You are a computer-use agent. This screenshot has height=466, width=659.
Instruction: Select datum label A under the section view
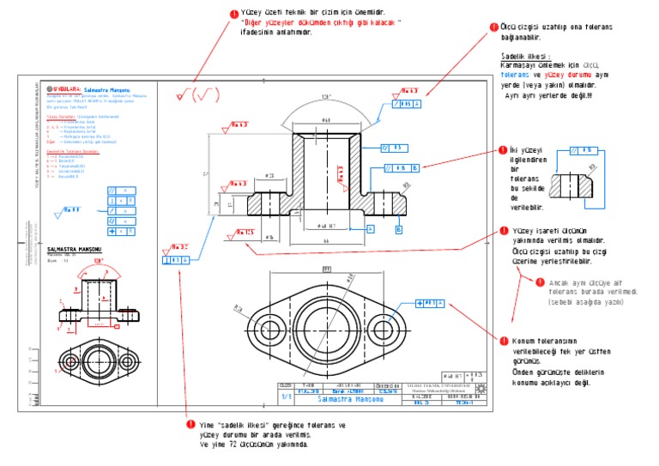(370, 228)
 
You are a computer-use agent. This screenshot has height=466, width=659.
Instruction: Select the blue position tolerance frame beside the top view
(429, 303)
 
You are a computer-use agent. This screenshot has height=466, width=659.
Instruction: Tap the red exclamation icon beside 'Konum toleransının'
(504, 340)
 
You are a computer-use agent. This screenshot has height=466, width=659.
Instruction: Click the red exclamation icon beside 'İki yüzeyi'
(504, 152)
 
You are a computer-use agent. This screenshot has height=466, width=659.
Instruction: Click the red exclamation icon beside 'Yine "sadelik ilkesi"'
(190, 425)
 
